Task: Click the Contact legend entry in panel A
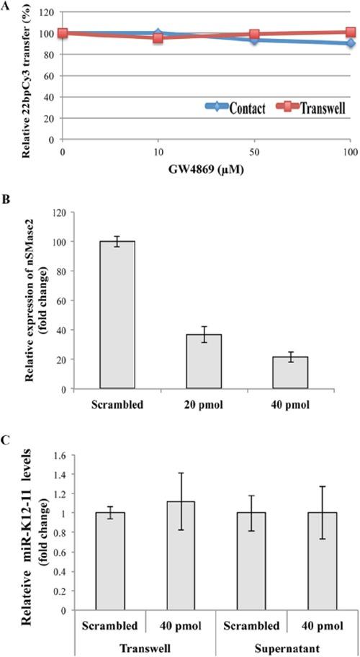(227, 109)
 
